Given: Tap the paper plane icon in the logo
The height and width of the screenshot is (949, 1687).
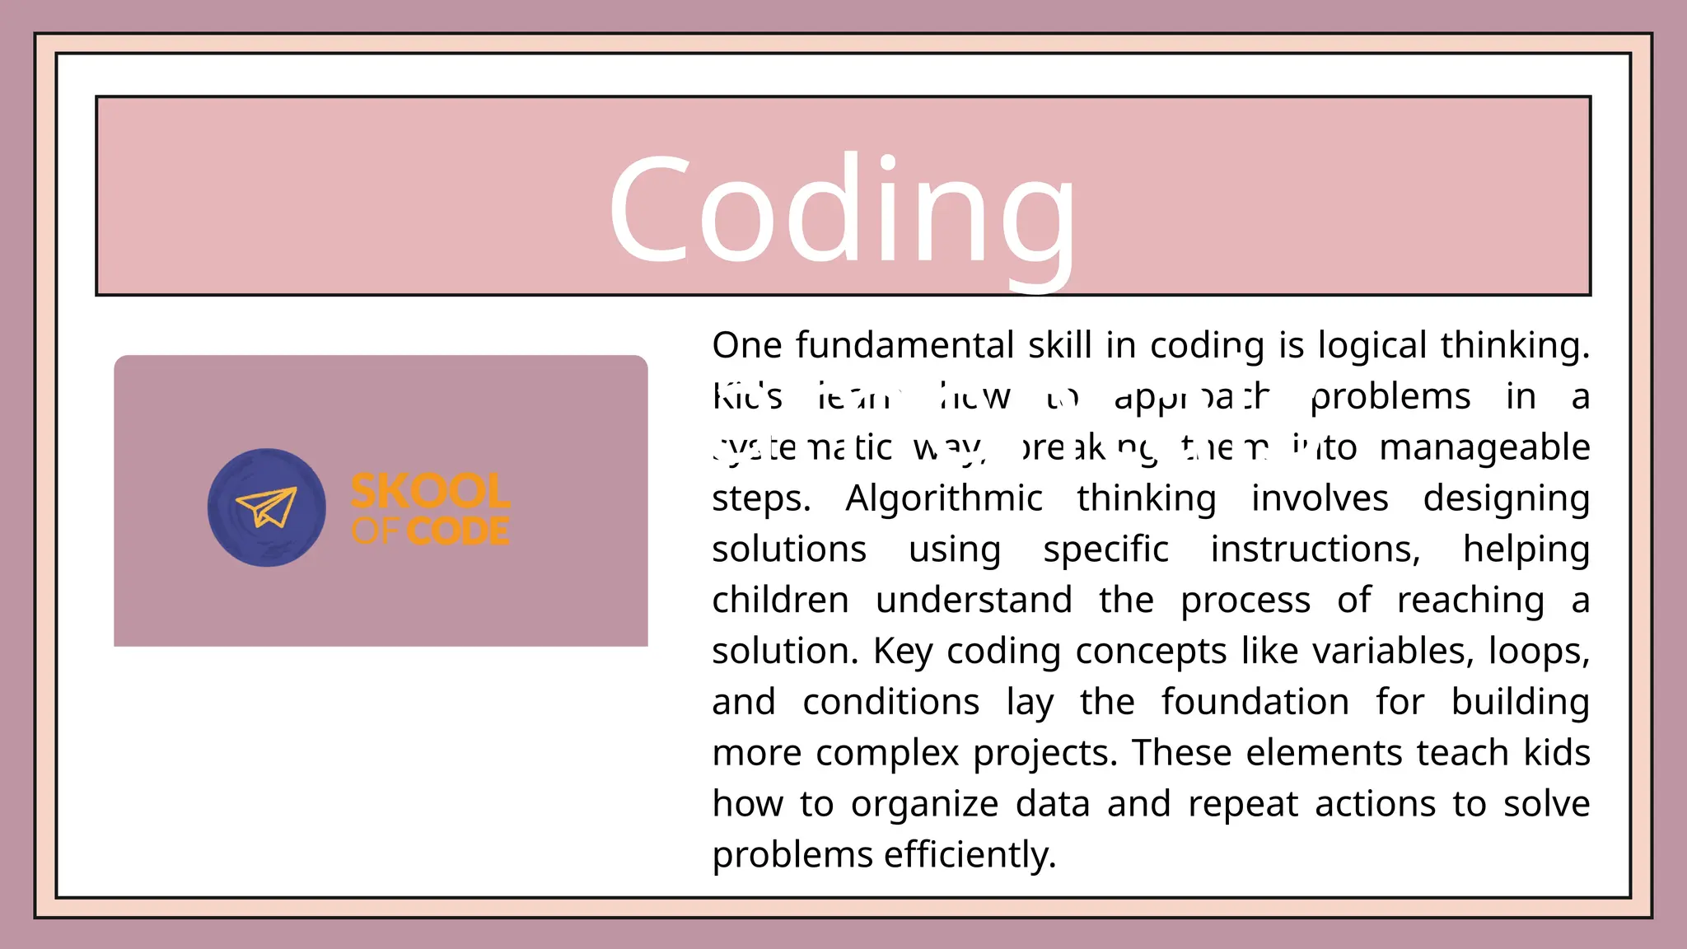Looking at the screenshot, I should click(x=266, y=507).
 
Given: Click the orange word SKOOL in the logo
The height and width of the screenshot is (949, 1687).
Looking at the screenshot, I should click(x=430, y=492).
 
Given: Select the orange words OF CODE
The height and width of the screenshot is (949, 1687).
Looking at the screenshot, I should click(x=430, y=531).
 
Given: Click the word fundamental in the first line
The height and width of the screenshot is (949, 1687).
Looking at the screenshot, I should click(x=904, y=345).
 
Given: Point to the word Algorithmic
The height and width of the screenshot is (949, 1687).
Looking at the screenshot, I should click(x=943, y=498).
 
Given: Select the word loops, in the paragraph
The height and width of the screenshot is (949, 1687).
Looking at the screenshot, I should click(x=1539, y=652).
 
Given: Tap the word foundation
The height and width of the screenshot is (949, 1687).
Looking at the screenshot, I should click(x=1255, y=703).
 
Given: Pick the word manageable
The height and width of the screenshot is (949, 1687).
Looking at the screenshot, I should click(x=1484, y=447).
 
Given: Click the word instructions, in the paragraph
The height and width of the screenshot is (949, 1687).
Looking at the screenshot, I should click(x=1315, y=549).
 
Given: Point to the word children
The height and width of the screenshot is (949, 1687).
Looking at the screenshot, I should click(x=780, y=601).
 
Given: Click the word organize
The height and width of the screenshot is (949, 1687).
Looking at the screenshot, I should click(x=924, y=805).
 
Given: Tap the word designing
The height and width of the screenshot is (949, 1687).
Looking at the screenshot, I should click(x=1506, y=499).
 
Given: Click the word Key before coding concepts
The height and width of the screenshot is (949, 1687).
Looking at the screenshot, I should click(x=903, y=652).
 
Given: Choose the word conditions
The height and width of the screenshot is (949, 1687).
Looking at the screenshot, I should click(x=890, y=703).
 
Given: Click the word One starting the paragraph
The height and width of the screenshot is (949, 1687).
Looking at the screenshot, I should click(x=746, y=345).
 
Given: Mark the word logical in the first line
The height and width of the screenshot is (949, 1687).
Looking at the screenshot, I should click(x=1372, y=345).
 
